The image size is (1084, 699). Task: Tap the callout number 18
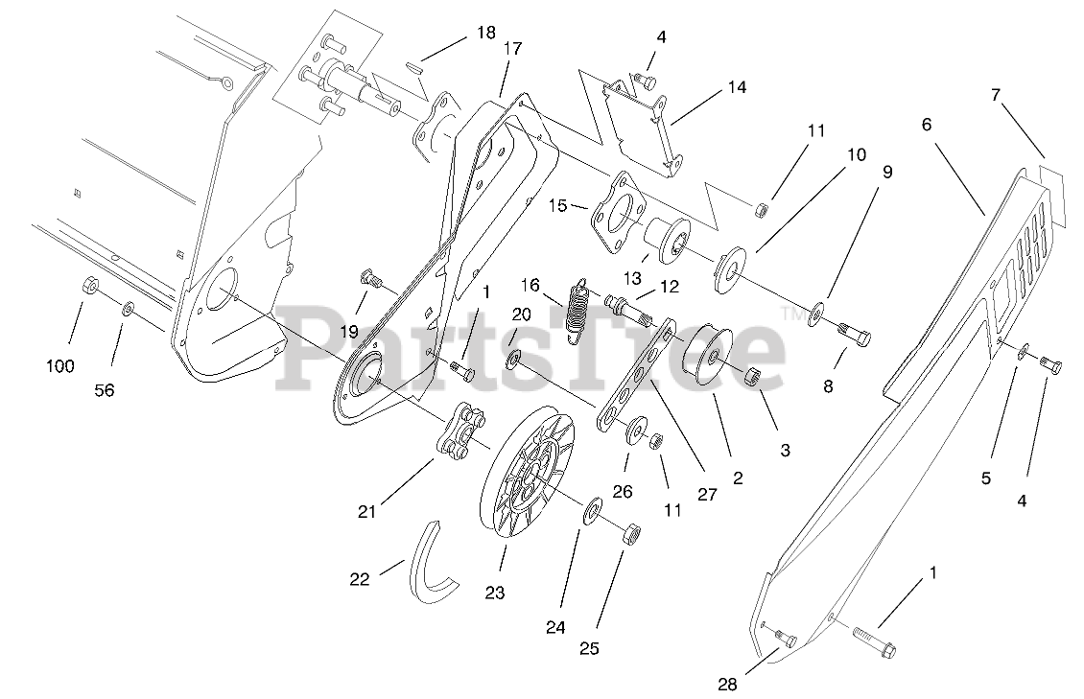(486, 33)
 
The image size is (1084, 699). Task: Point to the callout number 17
(511, 49)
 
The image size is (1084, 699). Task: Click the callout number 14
(736, 86)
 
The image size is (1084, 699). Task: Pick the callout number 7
(996, 95)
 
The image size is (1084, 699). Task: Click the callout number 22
(359, 580)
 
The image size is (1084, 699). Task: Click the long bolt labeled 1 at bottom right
(872, 641)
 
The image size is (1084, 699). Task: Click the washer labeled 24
(592, 508)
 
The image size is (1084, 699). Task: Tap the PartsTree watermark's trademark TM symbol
(794, 314)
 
